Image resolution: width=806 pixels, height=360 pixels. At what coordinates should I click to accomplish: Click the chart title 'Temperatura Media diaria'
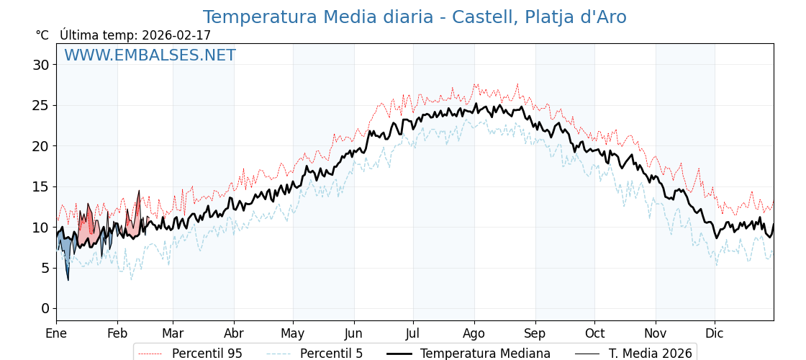(x=414, y=17)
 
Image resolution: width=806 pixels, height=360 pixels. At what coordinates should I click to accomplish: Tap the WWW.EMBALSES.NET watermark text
(x=150, y=55)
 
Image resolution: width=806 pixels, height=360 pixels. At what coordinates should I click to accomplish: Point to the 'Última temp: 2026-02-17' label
(x=135, y=35)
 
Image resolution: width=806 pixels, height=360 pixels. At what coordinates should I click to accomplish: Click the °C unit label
(x=42, y=35)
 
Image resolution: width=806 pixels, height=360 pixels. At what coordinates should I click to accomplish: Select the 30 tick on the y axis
(x=41, y=65)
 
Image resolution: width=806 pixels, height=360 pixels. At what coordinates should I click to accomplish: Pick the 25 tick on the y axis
(x=41, y=105)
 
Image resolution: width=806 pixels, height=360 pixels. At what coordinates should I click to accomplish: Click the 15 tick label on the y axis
(x=41, y=186)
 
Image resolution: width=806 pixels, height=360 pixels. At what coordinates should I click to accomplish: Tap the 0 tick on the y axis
(x=45, y=308)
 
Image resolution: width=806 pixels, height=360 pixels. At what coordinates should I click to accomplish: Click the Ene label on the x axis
(x=56, y=333)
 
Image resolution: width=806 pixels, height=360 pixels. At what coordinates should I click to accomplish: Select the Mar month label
(x=173, y=333)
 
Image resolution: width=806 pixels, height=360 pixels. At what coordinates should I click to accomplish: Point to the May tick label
(x=293, y=333)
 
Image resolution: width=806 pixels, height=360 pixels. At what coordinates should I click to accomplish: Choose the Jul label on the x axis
(x=413, y=333)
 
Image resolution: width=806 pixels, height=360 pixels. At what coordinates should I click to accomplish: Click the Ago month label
(x=474, y=333)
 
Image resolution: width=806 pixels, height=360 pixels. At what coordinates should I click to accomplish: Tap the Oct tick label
(x=594, y=333)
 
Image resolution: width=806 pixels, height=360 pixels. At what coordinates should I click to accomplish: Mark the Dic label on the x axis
(x=715, y=333)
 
